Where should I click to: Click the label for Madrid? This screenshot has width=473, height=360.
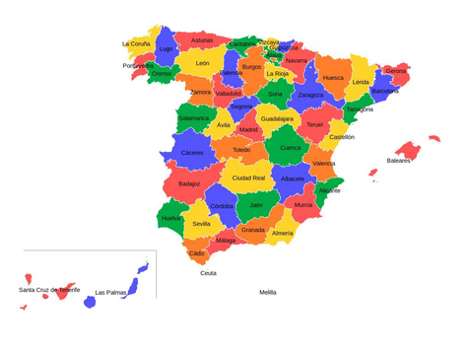(248, 129)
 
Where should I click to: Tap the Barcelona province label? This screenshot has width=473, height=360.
(385, 91)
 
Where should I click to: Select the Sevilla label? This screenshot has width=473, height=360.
(201, 224)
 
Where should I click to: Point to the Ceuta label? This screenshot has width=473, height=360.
(208, 273)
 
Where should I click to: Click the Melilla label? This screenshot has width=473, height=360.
(268, 292)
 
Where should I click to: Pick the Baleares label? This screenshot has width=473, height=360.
(398, 160)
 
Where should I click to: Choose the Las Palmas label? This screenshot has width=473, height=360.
(110, 292)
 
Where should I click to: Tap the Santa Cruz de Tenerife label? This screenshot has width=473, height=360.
(49, 290)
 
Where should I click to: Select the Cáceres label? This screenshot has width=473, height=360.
(192, 153)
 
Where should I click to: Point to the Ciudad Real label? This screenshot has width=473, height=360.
(248, 178)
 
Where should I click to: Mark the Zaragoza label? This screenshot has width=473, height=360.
(310, 95)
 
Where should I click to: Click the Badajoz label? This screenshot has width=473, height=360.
(189, 183)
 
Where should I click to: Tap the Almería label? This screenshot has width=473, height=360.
(282, 233)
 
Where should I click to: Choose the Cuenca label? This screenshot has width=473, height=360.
(291, 148)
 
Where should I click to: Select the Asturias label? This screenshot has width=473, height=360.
(202, 40)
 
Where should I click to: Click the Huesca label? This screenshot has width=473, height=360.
(334, 77)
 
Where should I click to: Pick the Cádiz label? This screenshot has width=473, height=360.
(197, 253)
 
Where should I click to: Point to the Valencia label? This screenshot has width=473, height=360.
(323, 163)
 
